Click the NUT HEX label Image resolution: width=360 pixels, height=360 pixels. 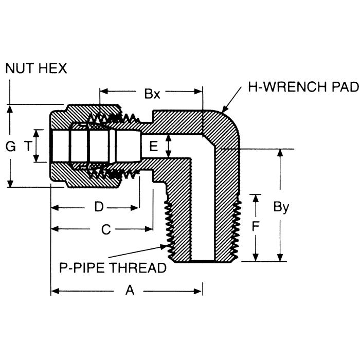[36, 68]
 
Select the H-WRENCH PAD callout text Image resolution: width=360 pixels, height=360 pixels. [303, 87]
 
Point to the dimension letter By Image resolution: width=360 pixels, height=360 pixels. [281, 207]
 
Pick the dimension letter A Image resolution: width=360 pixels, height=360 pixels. [130, 291]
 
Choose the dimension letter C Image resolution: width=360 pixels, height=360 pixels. [105, 230]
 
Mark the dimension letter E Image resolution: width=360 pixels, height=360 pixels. [153, 147]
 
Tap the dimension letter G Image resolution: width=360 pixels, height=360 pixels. [10, 147]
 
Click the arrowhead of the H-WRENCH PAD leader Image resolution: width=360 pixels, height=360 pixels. [223, 111]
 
